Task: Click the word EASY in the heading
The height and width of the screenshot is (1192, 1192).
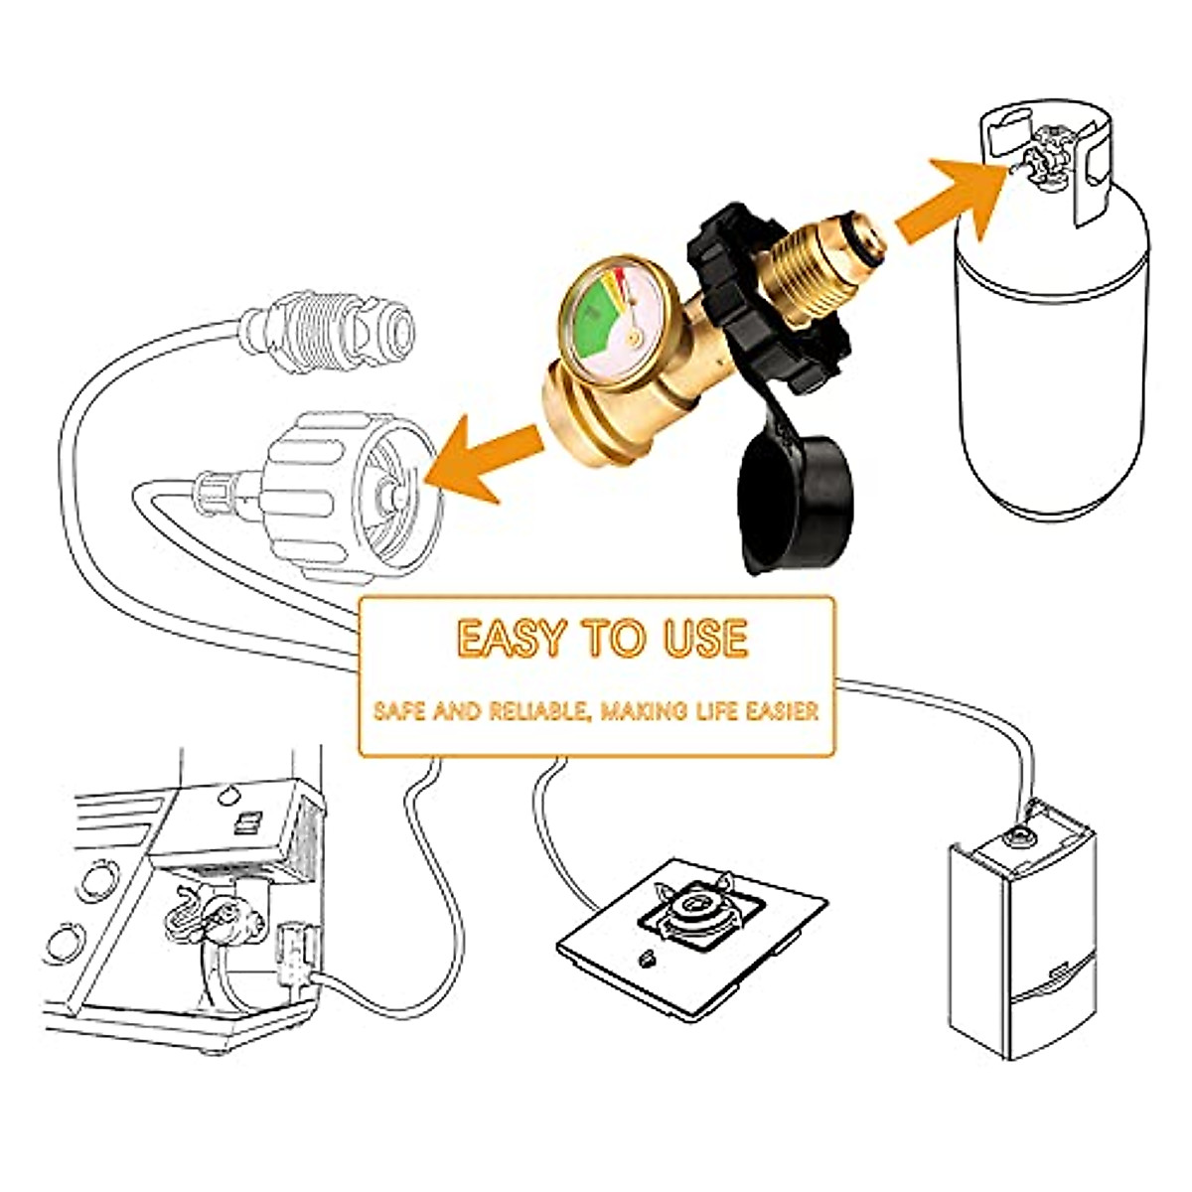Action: tap(512, 639)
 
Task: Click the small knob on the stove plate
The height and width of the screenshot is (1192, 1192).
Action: tap(647, 959)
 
